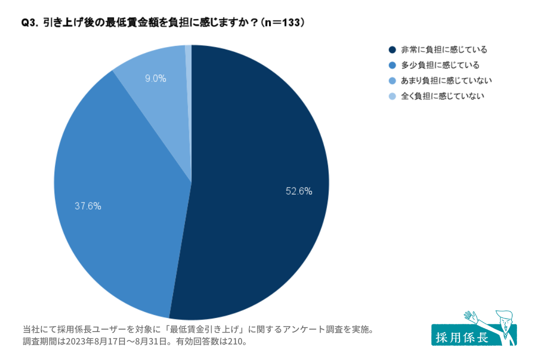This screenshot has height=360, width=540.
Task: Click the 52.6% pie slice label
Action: tap(299, 190)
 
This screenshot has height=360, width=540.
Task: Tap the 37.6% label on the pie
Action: tap(88, 205)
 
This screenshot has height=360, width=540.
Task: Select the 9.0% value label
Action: tap(155, 78)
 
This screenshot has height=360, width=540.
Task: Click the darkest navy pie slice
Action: tap(260, 150)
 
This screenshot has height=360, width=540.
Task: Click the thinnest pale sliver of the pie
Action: tap(188, 65)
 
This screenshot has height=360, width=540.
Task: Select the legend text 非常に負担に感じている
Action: tap(444, 49)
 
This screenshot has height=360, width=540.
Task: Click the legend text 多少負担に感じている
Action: tap(440, 65)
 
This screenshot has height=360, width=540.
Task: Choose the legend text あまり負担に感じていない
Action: tap(447, 80)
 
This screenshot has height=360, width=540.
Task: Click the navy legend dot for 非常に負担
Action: tap(392, 49)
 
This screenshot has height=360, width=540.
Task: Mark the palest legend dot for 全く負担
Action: tap(392, 96)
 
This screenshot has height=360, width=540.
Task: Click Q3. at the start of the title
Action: tap(29, 23)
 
